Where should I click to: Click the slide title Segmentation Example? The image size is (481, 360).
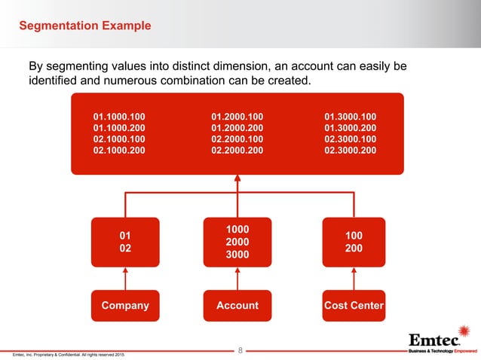[x=84, y=26]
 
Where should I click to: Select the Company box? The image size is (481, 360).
[x=125, y=305]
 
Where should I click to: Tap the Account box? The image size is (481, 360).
[x=237, y=305]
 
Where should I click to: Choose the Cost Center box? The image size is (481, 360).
[x=354, y=305]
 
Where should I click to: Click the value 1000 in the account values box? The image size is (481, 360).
[x=237, y=228]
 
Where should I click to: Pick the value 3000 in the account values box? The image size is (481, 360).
[x=237, y=255]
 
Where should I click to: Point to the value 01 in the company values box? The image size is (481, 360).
[x=125, y=235]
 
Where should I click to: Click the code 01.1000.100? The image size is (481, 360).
[x=119, y=117]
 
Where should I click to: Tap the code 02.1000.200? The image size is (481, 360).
[x=119, y=151]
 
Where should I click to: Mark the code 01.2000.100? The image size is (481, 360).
[x=237, y=117]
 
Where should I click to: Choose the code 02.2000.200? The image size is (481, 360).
[x=237, y=151]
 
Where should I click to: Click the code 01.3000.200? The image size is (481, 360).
[x=351, y=128]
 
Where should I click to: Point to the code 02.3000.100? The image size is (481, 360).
[x=351, y=139]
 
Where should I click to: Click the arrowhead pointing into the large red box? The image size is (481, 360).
[x=237, y=179]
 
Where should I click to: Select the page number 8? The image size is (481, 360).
[x=240, y=350]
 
